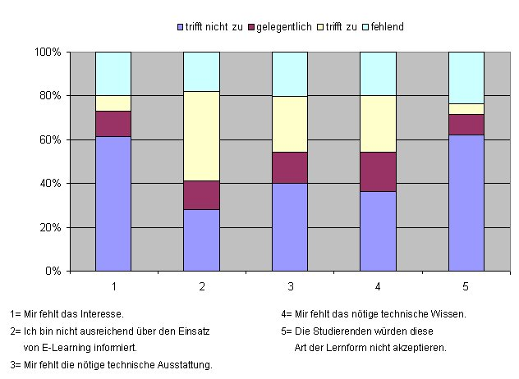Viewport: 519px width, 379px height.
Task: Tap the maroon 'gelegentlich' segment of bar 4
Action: point(378,171)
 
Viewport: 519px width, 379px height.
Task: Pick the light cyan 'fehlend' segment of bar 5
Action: point(466,77)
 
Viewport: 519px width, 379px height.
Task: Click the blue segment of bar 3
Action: point(289,226)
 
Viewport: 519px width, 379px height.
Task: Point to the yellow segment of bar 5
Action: point(466,109)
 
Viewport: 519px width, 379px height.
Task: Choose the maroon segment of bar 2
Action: point(201,195)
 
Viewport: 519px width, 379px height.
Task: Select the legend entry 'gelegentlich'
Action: point(284,27)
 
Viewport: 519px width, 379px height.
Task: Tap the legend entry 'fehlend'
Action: point(386,27)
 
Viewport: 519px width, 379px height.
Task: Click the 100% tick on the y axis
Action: point(48,52)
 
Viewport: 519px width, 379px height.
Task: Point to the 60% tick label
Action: point(50,139)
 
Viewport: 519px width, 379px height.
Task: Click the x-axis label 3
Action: point(289,286)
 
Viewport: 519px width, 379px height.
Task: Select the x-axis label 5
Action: point(466,286)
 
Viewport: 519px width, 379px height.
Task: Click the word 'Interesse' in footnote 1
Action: point(102,313)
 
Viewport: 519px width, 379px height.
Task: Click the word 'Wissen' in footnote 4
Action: point(448,313)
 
